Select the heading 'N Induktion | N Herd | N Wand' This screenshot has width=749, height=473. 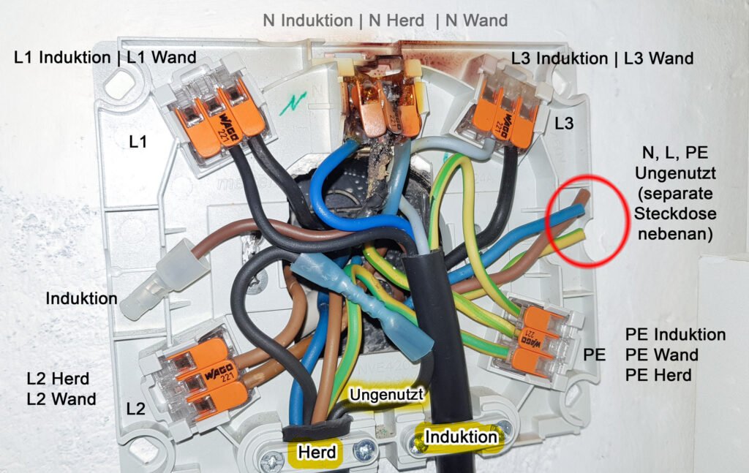point(385,20)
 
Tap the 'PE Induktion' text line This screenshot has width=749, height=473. point(676,335)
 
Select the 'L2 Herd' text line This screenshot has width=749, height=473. point(58,379)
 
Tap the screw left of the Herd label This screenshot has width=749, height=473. point(272,461)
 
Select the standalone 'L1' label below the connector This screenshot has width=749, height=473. point(138,142)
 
